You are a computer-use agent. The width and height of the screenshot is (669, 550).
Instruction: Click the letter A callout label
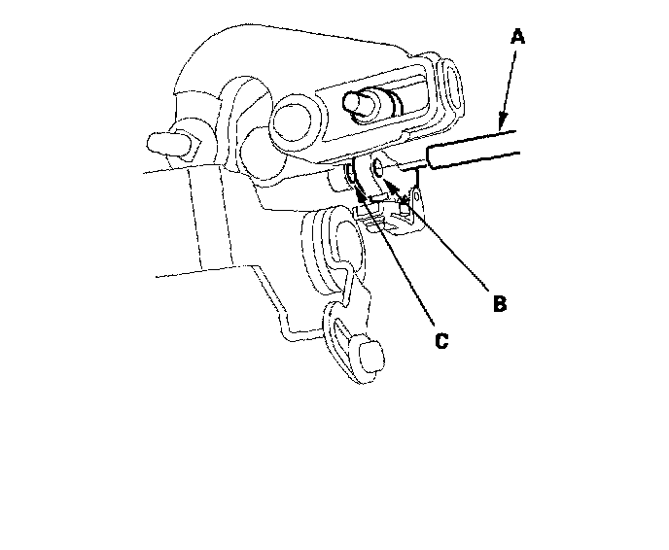(x=517, y=37)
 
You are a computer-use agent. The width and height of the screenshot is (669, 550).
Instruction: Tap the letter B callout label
(x=498, y=304)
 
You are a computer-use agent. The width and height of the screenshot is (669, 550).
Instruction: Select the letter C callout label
(x=440, y=341)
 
